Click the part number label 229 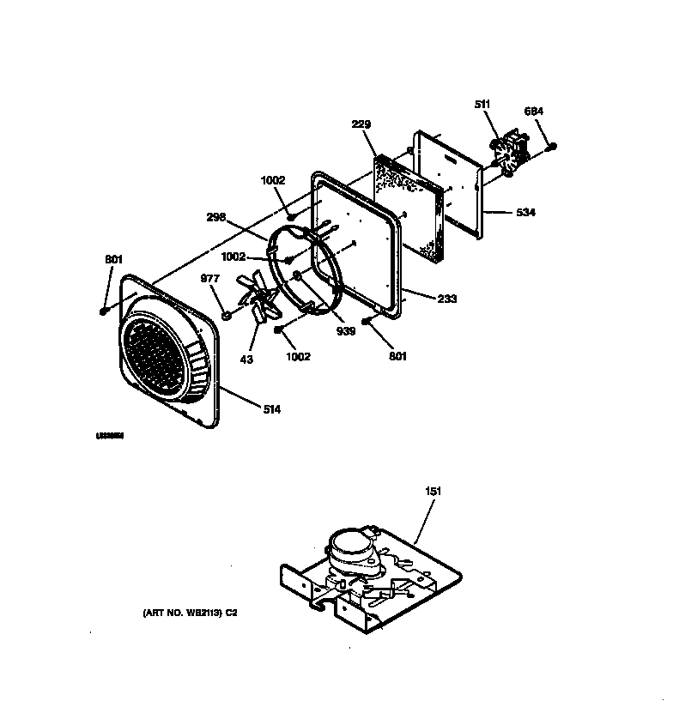point(361,124)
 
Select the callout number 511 point(482,105)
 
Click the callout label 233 point(446,299)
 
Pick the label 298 point(215,218)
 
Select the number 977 point(210,278)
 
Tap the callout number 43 point(246,359)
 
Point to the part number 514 point(271,409)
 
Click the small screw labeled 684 point(552,147)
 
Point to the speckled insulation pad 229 point(410,204)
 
